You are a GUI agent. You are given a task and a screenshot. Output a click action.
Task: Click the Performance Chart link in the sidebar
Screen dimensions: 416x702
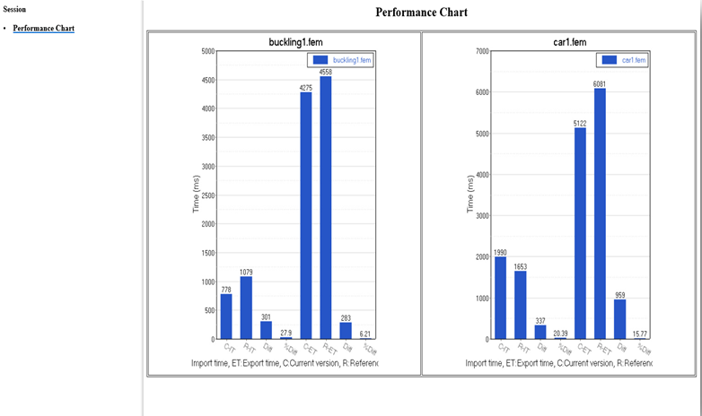coord(43,29)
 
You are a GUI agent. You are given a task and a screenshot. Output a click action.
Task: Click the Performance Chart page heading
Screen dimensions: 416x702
coord(421,13)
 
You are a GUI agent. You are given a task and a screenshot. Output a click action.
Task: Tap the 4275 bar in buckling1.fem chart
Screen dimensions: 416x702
coord(305,216)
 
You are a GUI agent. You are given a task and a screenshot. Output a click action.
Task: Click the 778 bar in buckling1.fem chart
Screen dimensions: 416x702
coord(226,316)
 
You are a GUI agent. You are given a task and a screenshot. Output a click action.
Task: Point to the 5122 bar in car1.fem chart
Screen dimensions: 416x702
coord(580,233)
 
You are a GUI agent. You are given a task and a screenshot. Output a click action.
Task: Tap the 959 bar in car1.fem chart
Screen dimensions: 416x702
coord(619,319)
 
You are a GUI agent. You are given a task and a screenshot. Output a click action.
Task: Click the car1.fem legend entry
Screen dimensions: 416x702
coord(624,60)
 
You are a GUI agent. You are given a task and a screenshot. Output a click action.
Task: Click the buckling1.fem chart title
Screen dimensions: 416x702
coord(283,41)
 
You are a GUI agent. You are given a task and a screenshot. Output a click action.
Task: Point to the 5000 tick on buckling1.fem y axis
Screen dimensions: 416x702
coord(207,51)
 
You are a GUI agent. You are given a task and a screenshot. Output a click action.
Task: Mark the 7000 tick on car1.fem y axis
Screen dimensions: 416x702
coord(481,51)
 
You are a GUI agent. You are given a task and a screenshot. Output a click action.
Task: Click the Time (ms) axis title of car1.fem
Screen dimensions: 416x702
coord(469,195)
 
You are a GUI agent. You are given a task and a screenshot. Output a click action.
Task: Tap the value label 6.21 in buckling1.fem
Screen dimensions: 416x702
coord(365,334)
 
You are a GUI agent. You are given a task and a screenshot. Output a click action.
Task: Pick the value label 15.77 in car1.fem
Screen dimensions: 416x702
coord(639,334)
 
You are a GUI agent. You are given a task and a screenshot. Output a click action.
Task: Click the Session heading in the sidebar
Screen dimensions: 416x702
coord(15,10)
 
